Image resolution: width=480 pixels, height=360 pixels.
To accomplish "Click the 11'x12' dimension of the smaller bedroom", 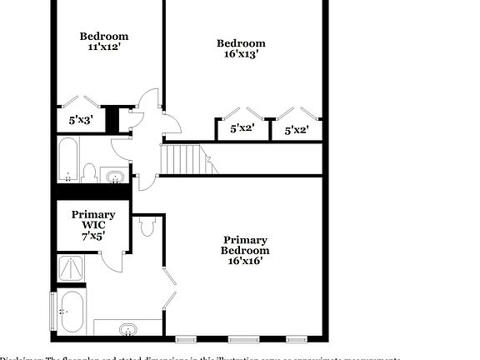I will [x=104, y=47].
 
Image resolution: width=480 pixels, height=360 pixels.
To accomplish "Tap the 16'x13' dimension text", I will [x=241, y=55].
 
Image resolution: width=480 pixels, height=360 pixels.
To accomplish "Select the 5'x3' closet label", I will [x=81, y=120].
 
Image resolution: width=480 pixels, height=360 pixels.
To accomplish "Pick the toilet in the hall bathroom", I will [x=89, y=172].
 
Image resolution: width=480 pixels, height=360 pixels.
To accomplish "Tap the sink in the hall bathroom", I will [x=114, y=175].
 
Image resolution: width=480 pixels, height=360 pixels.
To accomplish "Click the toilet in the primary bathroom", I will [x=149, y=226].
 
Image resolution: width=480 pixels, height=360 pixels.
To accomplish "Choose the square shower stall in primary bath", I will [x=71, y=268].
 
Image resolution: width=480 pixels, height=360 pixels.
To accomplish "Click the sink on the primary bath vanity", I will [x=128, y=328].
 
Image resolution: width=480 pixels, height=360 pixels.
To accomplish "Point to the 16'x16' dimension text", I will [x=245, y=261].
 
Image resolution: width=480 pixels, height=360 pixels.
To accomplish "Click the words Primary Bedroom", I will [x=245, y=244].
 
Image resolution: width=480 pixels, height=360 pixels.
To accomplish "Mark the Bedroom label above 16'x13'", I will [x=241, y=43].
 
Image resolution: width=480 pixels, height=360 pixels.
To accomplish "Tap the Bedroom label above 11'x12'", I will [x=104, y=36].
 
